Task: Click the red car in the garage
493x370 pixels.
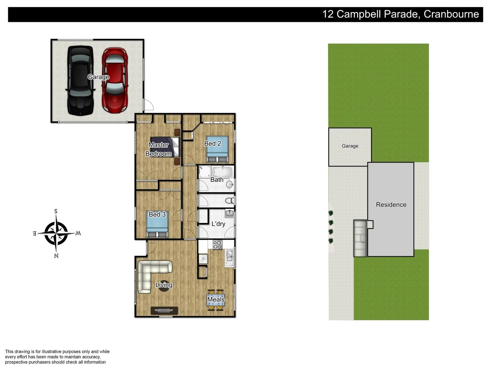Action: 115,81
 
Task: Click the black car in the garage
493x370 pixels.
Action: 80,81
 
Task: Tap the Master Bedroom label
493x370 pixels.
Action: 159,149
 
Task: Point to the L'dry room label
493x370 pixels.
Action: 218,224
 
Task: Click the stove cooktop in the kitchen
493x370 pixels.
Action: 217,245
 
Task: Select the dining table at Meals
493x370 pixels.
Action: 216,300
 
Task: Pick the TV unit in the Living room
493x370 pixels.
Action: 164,311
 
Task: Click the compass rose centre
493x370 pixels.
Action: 56,233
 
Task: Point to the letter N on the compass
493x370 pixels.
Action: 56,256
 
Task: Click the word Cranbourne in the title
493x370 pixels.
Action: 451,14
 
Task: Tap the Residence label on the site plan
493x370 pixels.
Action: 391,205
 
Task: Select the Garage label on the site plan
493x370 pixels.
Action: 350,146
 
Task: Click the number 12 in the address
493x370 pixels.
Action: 328,14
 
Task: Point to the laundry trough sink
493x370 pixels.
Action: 229,214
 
